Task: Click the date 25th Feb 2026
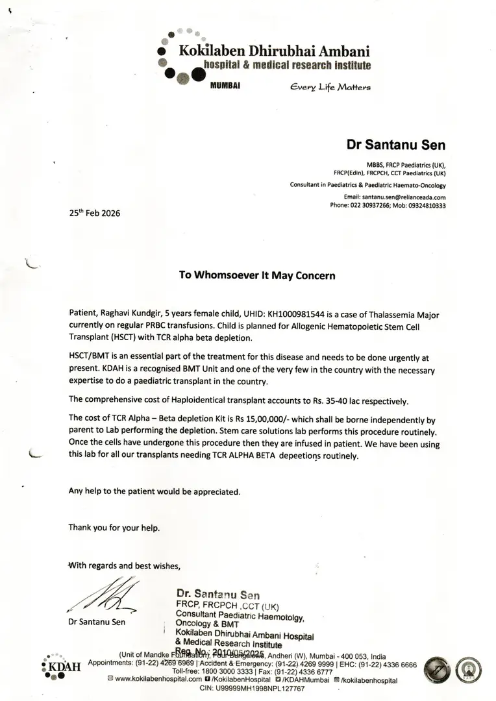click(94, 213)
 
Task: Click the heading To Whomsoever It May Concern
click(257, 275)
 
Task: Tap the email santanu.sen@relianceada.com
click(404, 197)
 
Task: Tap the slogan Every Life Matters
click(330, 87)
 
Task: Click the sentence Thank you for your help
click(114, 527)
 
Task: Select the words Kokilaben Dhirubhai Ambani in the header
click(277, 51)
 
